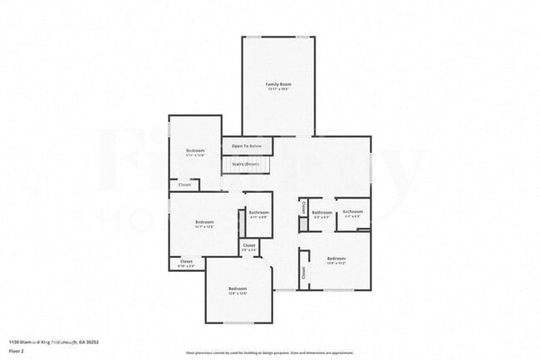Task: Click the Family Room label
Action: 278,84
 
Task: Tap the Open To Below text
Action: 247,145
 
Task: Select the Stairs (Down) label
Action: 246,165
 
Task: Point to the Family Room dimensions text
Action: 278,90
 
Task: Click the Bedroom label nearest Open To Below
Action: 195,150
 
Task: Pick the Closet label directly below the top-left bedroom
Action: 184,185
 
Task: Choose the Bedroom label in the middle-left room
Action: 204,222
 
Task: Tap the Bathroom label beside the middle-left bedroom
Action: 258,212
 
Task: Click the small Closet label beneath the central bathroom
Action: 249,245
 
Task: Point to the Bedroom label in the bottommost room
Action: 238,288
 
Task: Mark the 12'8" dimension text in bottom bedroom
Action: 238,294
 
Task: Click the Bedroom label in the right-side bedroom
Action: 336,257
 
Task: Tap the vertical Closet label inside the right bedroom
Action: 304,272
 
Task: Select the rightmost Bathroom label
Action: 353,212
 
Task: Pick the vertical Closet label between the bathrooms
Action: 304,205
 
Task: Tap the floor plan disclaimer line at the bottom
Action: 269,353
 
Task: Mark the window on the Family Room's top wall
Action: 278,37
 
